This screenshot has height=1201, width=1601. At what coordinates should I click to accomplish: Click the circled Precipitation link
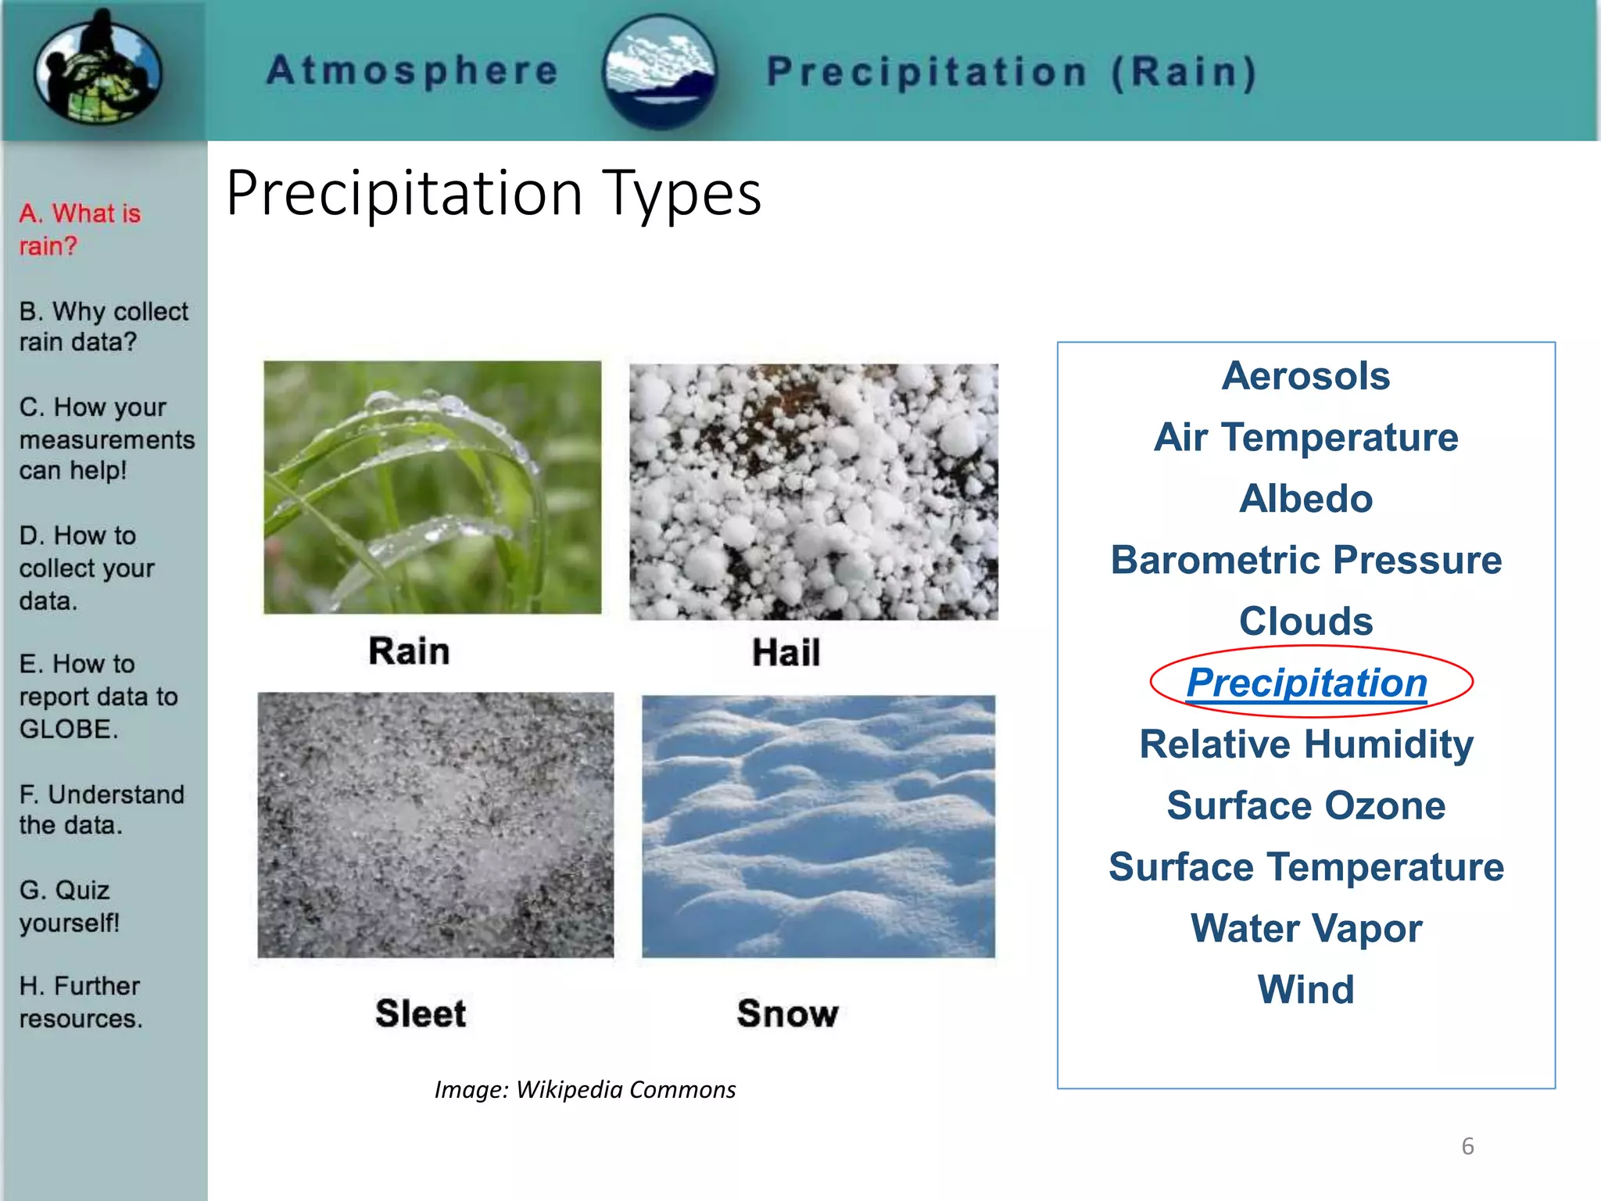(x=1306, y=683)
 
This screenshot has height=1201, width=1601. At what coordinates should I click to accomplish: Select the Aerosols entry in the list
(x=1306, y=376)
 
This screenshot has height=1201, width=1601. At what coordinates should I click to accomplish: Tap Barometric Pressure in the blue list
(x=1306, y=560)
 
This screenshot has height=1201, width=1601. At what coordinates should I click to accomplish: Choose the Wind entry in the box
(x=1306, y=989)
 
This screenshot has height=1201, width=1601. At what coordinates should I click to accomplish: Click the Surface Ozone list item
(x=1306, y=805)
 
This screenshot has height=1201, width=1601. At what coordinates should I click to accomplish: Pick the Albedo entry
(x=1306, y=499)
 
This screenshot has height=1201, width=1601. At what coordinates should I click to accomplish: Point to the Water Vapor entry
(x=1306, y=928)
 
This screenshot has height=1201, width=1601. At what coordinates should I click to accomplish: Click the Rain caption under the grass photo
(x=409, y=651)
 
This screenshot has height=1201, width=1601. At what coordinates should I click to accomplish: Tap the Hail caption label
(x=786, y=652)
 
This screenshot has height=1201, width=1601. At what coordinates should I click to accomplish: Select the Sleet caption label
(x=421, y=1013)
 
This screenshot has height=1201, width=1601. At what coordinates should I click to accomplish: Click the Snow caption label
(x=787, y=1013)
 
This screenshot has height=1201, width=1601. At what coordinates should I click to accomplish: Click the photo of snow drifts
(x=818, y=826)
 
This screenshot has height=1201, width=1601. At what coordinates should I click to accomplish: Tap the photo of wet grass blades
(x=432, y=487)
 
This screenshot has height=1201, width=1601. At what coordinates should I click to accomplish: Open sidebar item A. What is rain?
(x=80, y=229)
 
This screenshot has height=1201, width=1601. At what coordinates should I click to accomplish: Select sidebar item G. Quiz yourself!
(x=69, y=906)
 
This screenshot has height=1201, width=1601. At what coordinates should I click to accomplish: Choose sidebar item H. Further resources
(x=81, y=1002)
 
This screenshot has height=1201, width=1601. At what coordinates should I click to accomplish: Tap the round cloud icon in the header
(x=661, y=72)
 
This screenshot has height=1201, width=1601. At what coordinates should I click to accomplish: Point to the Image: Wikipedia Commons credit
(x=585, y=1089)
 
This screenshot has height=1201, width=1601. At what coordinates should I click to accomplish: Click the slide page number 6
(x=1467, y=1146)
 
